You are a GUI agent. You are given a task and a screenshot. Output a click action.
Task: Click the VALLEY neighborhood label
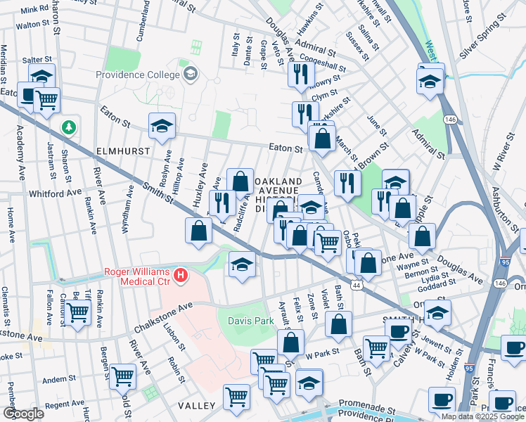pos(196,407)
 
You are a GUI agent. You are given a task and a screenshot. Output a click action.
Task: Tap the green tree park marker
pos(69,127)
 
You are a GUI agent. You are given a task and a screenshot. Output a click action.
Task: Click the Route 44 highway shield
pos(357,284)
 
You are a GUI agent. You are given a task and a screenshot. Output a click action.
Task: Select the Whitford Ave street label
pos(56,193)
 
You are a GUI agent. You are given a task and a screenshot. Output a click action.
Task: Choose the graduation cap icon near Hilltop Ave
pos(162,126)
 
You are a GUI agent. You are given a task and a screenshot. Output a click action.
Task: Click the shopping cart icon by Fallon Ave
pos(77,310)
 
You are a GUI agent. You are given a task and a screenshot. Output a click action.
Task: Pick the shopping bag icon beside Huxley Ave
pos(199,230)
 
